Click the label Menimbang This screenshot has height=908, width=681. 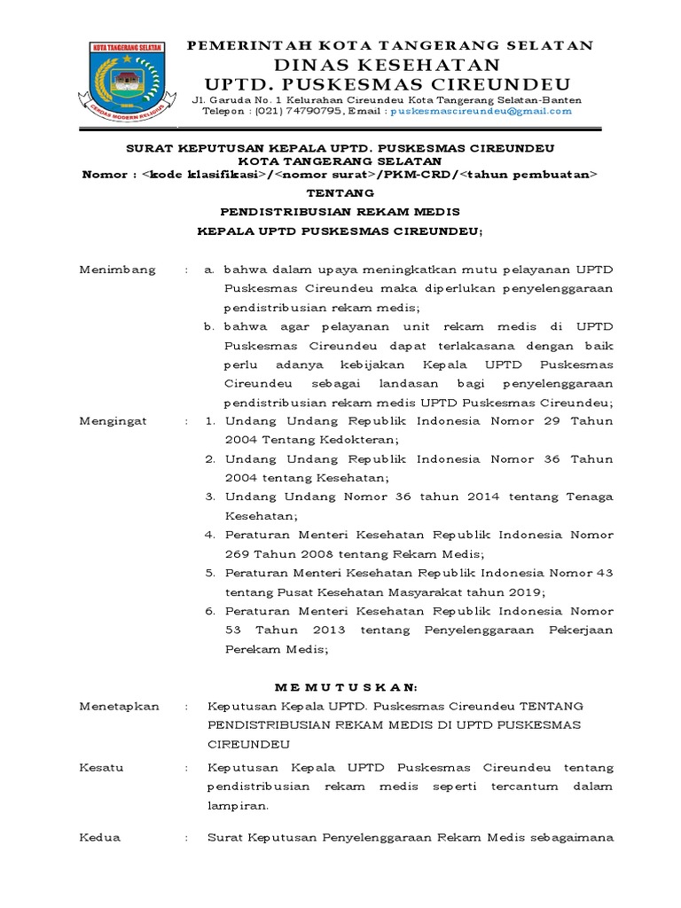[x=117, y=269]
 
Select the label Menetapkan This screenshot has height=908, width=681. [x=119, y=706]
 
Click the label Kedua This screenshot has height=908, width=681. [x=100, y=837]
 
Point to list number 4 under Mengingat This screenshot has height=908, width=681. [x=210, y=535]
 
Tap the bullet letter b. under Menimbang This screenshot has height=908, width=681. [x=210, y=326]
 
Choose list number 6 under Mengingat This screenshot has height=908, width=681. [x=210, y=611]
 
